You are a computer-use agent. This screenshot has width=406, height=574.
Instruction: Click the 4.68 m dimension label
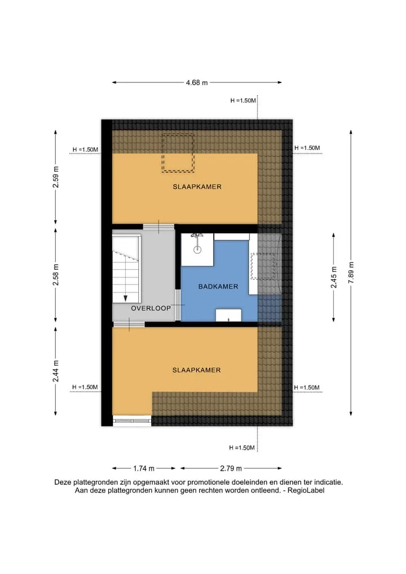point(197,83)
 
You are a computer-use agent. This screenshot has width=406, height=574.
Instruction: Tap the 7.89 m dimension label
point(351,273)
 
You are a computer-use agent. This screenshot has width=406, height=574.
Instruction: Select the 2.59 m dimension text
point(56,177)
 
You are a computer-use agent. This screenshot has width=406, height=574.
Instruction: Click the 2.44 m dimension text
point(56,371)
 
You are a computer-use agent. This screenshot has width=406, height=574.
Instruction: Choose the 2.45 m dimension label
point(334,277)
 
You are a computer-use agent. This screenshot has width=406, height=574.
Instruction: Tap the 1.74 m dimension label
point(144,468)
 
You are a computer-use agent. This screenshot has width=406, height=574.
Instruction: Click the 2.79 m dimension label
point(231,468)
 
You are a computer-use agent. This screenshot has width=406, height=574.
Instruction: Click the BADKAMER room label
point(218,287)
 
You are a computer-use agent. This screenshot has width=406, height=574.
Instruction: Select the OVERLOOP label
point(151,308)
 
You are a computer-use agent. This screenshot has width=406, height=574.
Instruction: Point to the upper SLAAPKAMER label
point(197,187)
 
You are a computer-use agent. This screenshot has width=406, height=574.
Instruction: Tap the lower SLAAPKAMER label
point(196,370)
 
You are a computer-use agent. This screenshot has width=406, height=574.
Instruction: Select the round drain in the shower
point(197,250)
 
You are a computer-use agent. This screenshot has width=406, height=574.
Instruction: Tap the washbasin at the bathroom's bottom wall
point(228,315)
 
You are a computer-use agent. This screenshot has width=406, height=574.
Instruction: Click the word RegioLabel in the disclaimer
point(306,490)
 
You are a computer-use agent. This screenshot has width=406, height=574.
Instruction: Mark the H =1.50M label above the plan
point(243,100)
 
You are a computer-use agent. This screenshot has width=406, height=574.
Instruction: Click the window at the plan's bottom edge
point(132,421)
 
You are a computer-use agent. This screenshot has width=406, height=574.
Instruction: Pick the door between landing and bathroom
point(178,305)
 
